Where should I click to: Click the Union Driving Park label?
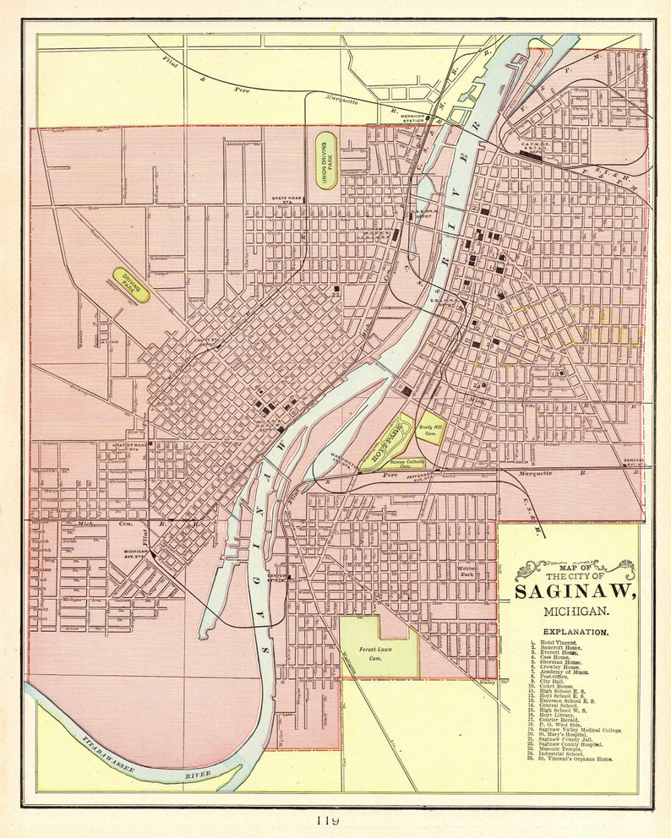point(325,159)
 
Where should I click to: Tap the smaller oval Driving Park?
point(131,286)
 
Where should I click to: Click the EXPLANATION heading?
point(575,631)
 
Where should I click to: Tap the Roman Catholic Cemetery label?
point(385,463)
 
